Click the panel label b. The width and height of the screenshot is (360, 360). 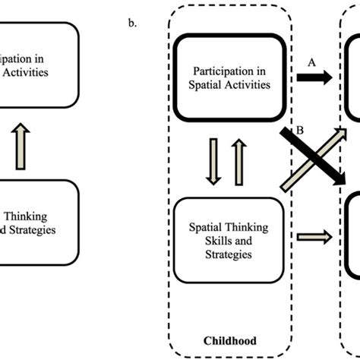pos(134,22)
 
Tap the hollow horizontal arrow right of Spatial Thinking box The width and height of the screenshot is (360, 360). pos(311,238)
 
